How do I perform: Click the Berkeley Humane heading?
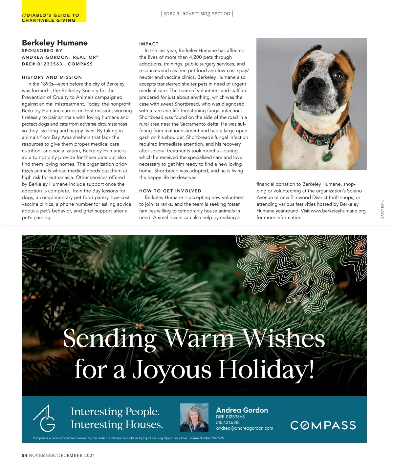(55, 43)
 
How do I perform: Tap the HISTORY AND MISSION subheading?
(52, 77)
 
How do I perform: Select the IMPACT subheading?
(149, 44)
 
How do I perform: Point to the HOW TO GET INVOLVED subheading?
(170, 191)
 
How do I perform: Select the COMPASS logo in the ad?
(323, 425)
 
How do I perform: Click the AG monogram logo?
(44, 418)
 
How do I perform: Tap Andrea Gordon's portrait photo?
(194, 418)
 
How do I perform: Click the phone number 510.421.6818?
(228, 422)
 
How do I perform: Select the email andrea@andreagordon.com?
(244, 428)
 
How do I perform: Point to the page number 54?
(24, 455)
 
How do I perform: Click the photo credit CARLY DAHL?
(382, 209)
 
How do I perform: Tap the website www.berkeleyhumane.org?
(338, 211)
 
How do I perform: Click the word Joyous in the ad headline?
(172, 370)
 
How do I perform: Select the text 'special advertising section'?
(197, 13)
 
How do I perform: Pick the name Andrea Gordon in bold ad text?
(242, 410)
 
